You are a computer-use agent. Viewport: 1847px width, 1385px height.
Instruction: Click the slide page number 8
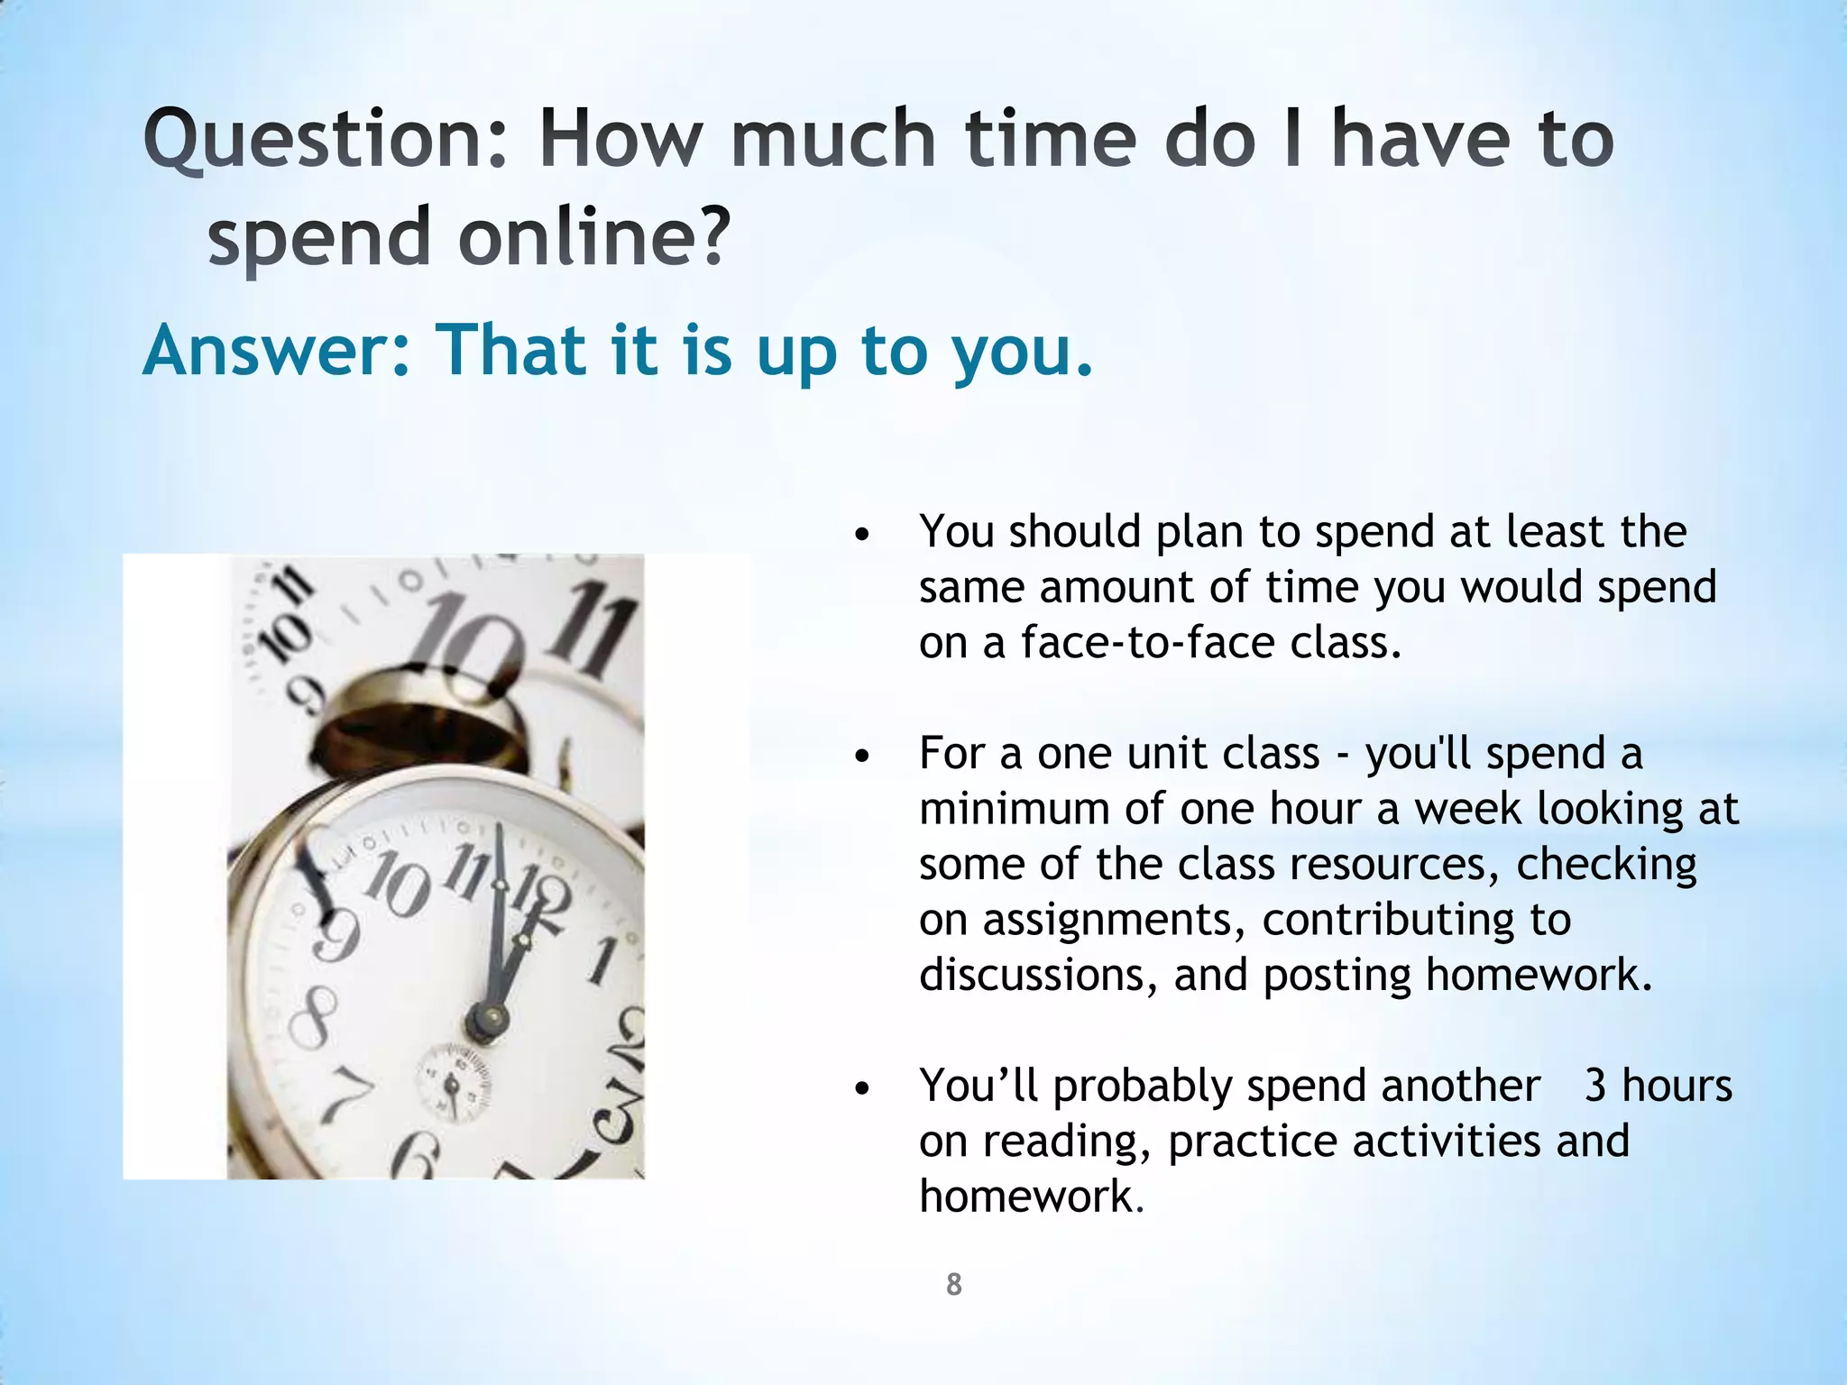[x=953, y=1284]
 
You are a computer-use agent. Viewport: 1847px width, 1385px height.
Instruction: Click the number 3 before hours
[x=1595, y=1085]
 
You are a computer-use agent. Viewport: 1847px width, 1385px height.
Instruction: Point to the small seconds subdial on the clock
[x=454, y=1082]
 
